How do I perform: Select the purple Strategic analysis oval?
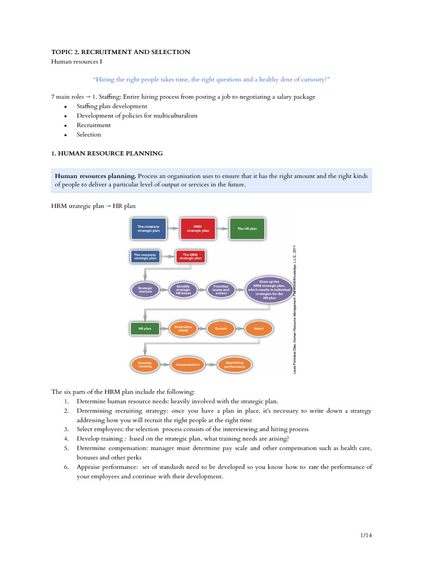[x=145, y=290]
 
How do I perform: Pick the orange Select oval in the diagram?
[x=259, y=328]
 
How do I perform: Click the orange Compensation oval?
[x=188, y=364]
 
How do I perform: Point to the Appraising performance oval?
[x=234, y=364]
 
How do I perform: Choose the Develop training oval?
[x=145, y=364]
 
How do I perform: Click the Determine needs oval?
[x=183, y=328]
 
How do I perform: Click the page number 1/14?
[x=364, y=536]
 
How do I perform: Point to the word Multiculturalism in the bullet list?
[x=174, y=116]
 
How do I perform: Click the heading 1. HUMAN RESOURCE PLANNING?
[x=107, y=153]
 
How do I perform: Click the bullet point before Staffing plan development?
[x=66, y=106]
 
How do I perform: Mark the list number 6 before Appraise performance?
[x=65, y=467]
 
